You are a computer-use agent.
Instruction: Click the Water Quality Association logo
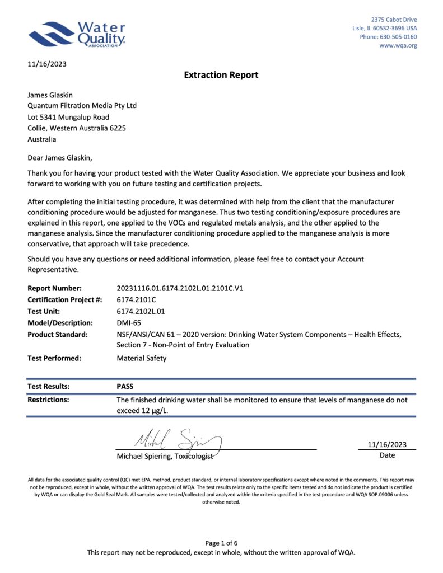pos(77,35)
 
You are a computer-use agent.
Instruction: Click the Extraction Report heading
pos(221,75)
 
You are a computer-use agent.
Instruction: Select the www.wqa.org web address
pos(398,45)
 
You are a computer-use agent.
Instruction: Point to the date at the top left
pos(47,64)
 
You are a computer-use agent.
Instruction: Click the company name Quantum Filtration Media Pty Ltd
pos(82,106)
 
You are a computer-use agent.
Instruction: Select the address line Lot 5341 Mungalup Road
pos(68,117)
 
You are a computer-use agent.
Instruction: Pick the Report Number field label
pos(54,289)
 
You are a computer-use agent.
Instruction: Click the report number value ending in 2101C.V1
pos(179,289)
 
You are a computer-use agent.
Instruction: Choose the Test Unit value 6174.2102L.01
pos(141,311)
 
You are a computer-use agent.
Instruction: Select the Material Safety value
pos(141,358)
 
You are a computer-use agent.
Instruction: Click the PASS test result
pos(125,386)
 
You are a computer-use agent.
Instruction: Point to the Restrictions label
pos(48,400)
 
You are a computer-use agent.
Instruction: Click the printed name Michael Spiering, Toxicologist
pos(165,457)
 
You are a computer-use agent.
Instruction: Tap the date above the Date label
pos(387,445)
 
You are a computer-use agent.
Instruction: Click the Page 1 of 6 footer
pos(221,543)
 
